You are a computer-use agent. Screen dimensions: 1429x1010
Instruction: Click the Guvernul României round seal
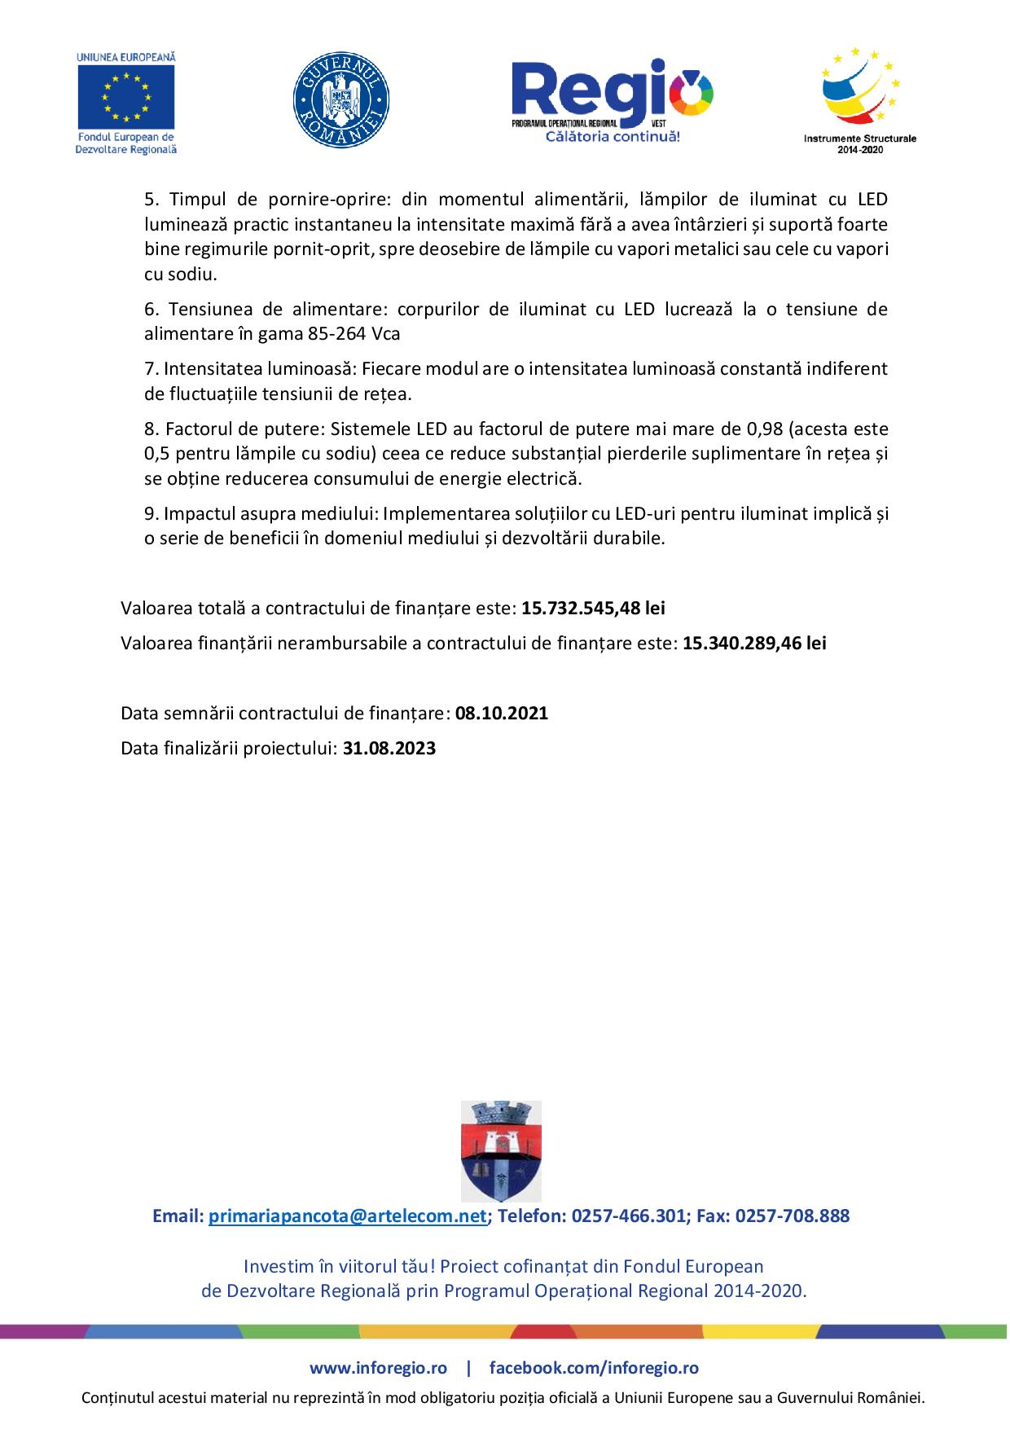[340, 102]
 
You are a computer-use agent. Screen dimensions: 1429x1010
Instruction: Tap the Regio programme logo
[612, 94]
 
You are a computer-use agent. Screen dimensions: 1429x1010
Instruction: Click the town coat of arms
[501, 1150]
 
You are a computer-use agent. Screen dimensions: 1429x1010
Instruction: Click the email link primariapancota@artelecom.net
[348, 1216]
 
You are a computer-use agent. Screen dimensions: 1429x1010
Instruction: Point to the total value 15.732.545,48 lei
[594, 608]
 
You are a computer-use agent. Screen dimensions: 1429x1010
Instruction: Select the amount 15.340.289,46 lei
[754, 643]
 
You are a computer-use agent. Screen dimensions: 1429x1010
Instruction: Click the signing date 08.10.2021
[502, 714]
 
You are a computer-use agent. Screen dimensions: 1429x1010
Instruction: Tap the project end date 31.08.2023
[389, 749]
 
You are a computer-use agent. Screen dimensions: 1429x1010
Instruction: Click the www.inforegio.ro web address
[378, 1368]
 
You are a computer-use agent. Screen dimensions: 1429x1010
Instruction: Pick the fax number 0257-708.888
[792, 1216]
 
